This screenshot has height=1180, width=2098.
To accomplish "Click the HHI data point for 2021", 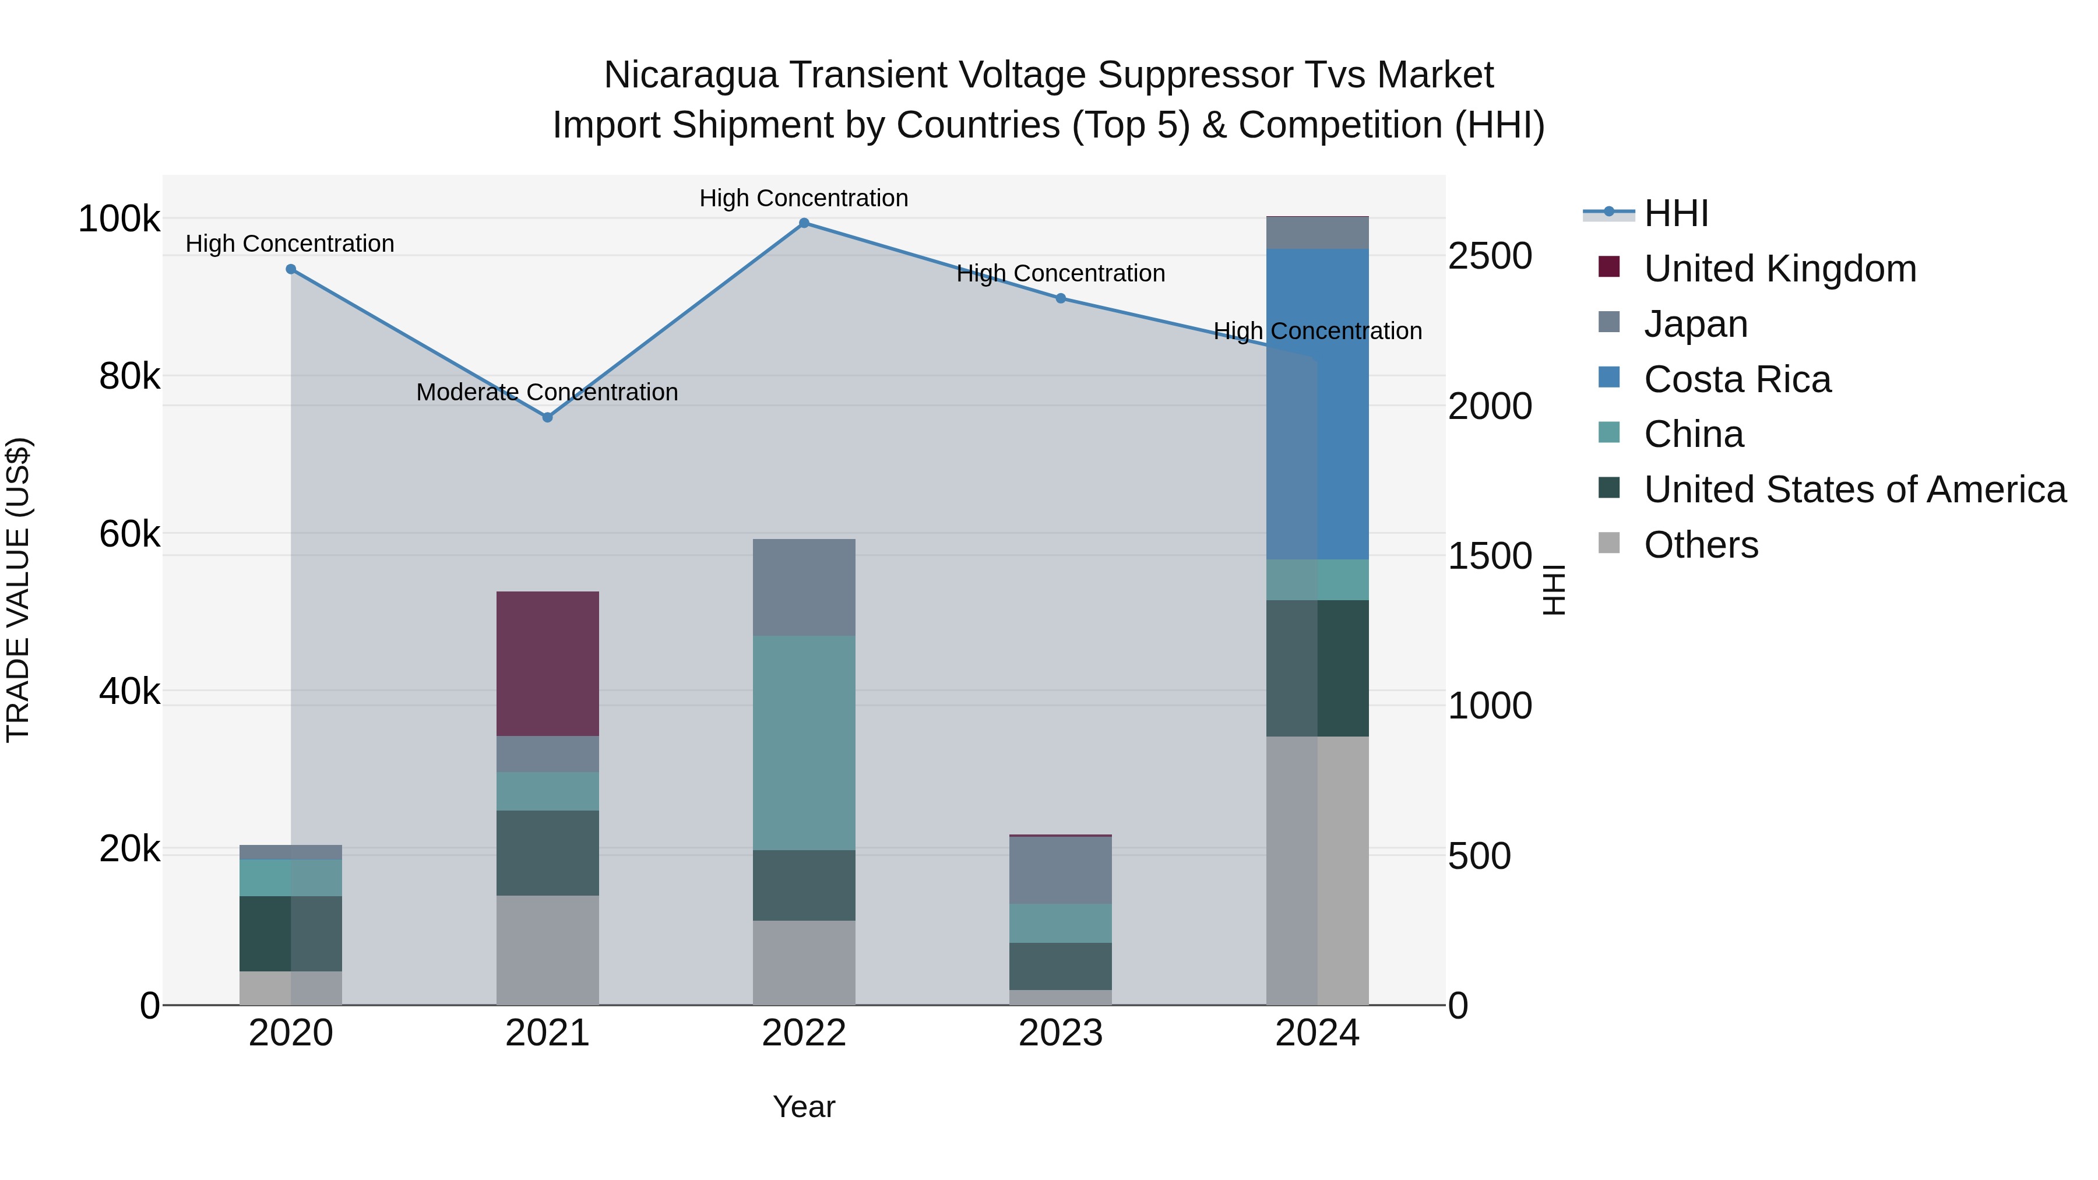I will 547,417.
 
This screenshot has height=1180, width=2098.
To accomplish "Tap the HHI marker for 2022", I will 804,223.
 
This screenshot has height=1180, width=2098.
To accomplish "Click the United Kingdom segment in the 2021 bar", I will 547,664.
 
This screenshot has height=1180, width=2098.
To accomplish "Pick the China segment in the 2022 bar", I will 804,743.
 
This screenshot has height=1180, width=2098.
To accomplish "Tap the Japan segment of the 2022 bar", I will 804,587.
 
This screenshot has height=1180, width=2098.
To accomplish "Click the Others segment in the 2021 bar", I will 547,950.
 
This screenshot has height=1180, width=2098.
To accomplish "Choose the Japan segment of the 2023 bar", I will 1061,871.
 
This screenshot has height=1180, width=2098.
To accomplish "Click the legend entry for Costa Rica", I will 1737,379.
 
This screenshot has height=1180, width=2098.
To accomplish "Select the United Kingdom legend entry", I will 1780,269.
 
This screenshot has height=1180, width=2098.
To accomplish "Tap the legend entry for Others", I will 1701,545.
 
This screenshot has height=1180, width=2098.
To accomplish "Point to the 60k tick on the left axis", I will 129,534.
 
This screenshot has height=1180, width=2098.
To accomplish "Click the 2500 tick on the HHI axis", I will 1490,256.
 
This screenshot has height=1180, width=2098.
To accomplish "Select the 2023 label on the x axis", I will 1061,1033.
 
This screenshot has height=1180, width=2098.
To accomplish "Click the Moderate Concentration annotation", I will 547,393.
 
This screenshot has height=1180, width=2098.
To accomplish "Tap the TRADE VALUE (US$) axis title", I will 18,590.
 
